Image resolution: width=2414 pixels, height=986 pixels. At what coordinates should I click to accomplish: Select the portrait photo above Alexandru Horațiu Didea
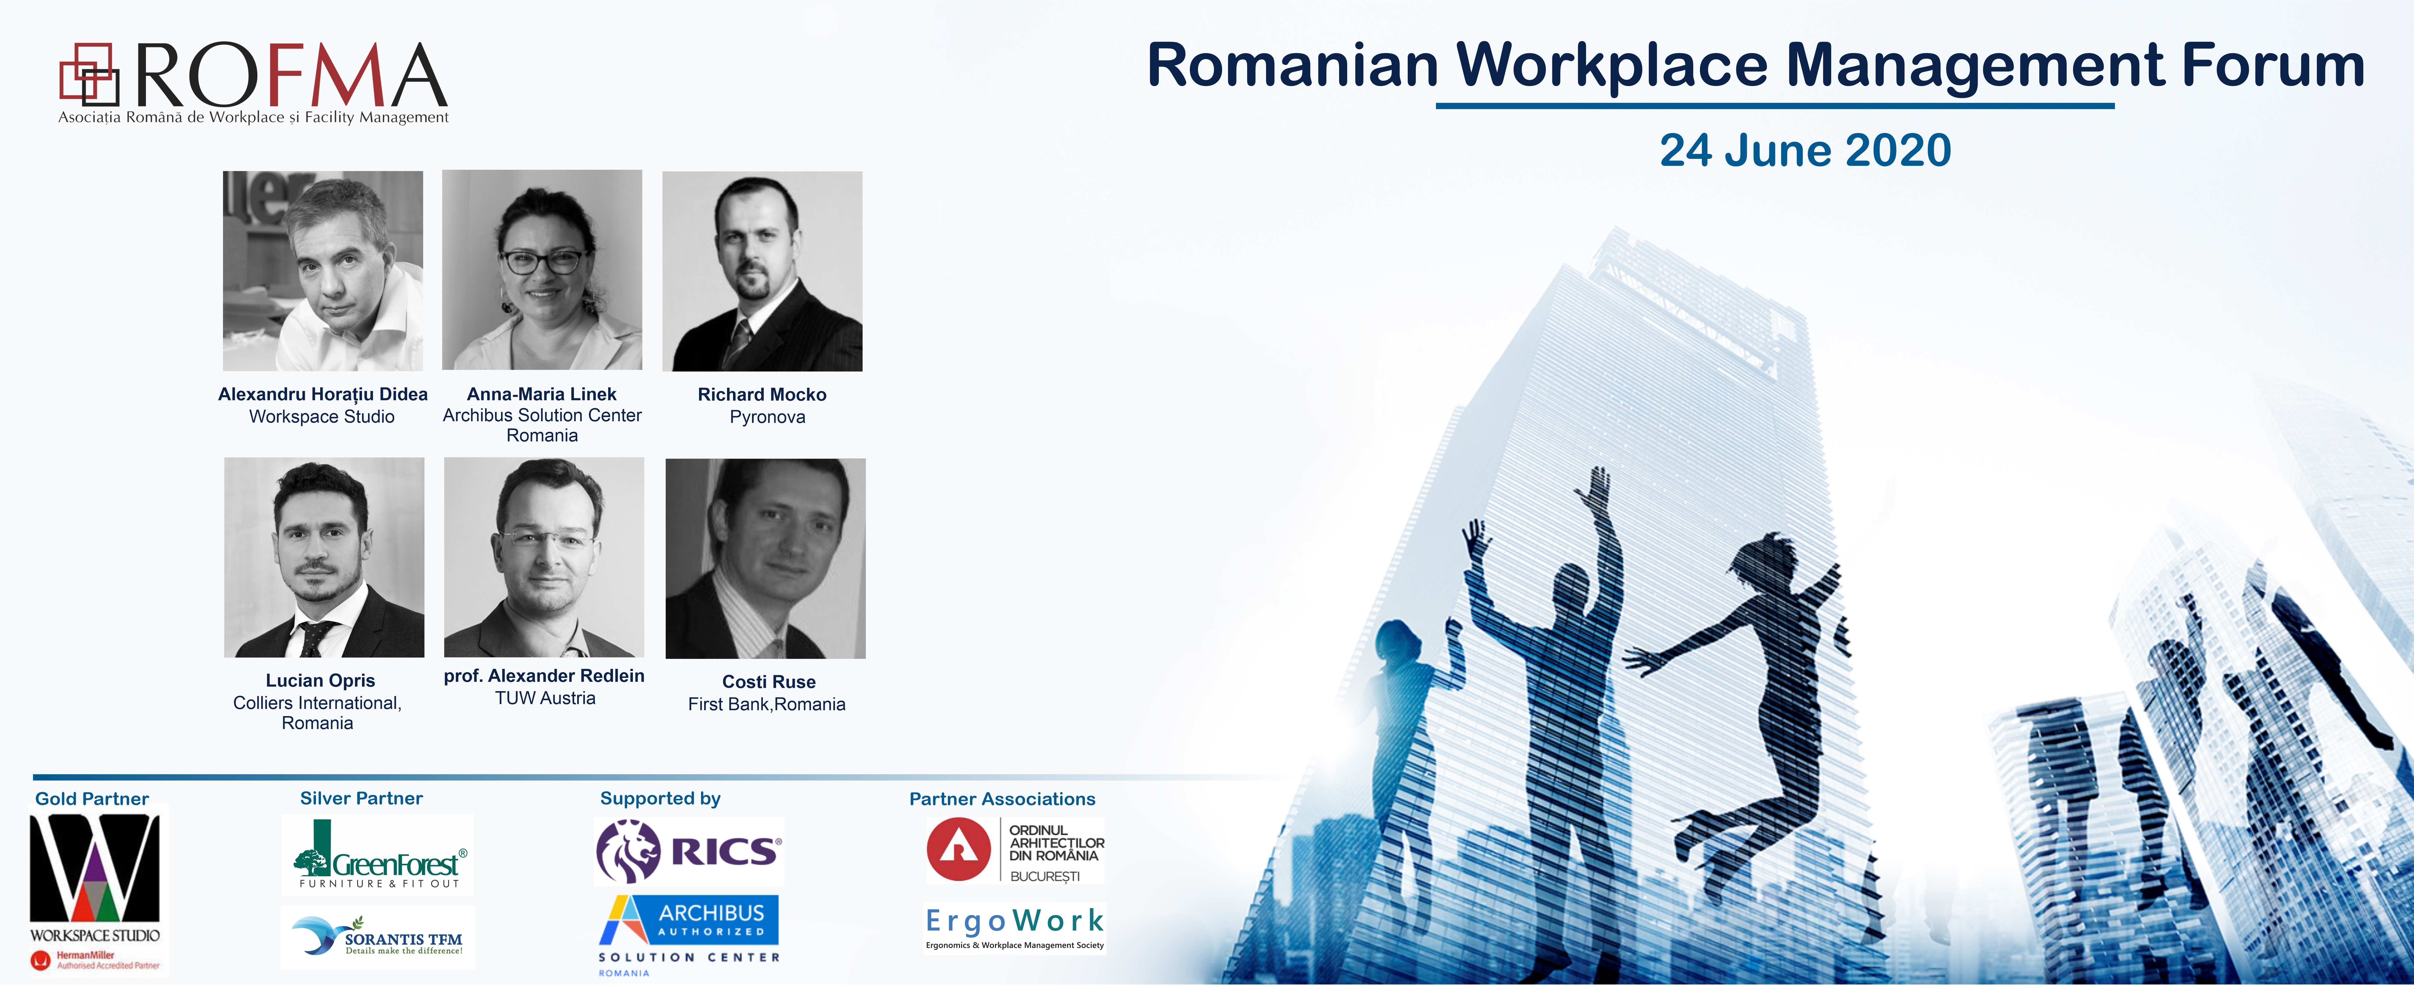click(x=322, y=271)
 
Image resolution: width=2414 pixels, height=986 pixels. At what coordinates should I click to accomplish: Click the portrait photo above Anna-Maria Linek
click(x=542, y=270)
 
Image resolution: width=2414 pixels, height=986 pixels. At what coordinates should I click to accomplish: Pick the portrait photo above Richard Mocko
click(x=762, y=271)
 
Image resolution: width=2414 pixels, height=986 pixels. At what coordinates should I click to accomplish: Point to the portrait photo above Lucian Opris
click(x=324, y=558)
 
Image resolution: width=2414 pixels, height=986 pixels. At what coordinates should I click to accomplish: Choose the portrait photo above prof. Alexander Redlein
click(x=543, y=557)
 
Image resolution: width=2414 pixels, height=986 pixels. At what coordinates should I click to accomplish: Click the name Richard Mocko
click(x=762, y=394)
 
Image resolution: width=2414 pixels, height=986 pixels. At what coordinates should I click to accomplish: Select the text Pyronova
click(x=767, y=417)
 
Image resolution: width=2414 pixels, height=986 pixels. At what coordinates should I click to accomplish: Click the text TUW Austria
click(x=545, y=698)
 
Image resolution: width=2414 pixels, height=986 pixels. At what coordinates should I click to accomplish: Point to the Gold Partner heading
click(x=92, y=799)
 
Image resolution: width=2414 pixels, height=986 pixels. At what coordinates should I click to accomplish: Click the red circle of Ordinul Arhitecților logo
click(x=959, y=849)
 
